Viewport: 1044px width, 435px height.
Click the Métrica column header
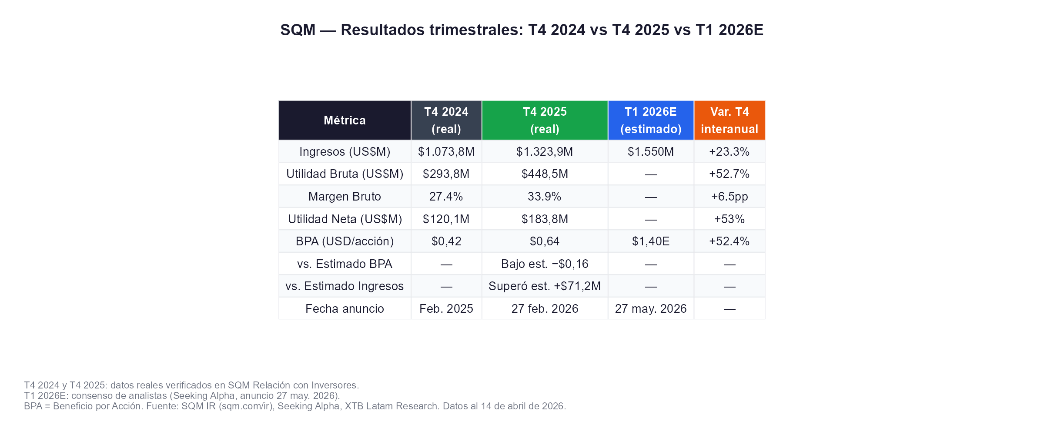(x=345, y=120)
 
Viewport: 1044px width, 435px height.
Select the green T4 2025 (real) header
(x=545, y=120)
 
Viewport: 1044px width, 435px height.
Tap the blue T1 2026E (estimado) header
(x=651, y=120)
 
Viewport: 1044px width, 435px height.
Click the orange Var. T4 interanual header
(x=729, y=120)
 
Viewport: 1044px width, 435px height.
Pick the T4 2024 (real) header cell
(x=446, y=120)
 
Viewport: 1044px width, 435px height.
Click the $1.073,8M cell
(x=446, y=152)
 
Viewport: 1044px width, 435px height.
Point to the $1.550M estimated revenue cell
(x=651, y=152)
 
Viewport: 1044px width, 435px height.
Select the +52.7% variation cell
(x=729, y=174)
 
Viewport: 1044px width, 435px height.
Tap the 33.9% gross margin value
(x=545, y=197)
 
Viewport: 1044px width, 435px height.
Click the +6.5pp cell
(x=729, y=197)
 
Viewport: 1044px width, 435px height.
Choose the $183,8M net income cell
(x=545, y=219)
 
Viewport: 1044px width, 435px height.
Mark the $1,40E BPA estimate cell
(x=651, y=241)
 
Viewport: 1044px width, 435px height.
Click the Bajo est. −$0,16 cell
(x=545, y=264)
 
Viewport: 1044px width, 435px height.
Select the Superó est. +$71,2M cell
(x=545, y=286)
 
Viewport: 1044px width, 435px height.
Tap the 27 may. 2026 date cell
(x=651, y=309)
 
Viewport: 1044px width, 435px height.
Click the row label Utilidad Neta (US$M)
(x=345, y=219)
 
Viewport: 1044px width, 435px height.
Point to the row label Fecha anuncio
(x=345, y=309)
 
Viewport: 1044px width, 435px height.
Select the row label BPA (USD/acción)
(x=345, y=241)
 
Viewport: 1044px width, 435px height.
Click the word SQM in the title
(x=298, y=30)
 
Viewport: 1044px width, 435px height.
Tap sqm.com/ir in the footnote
(x=247, y=406)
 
